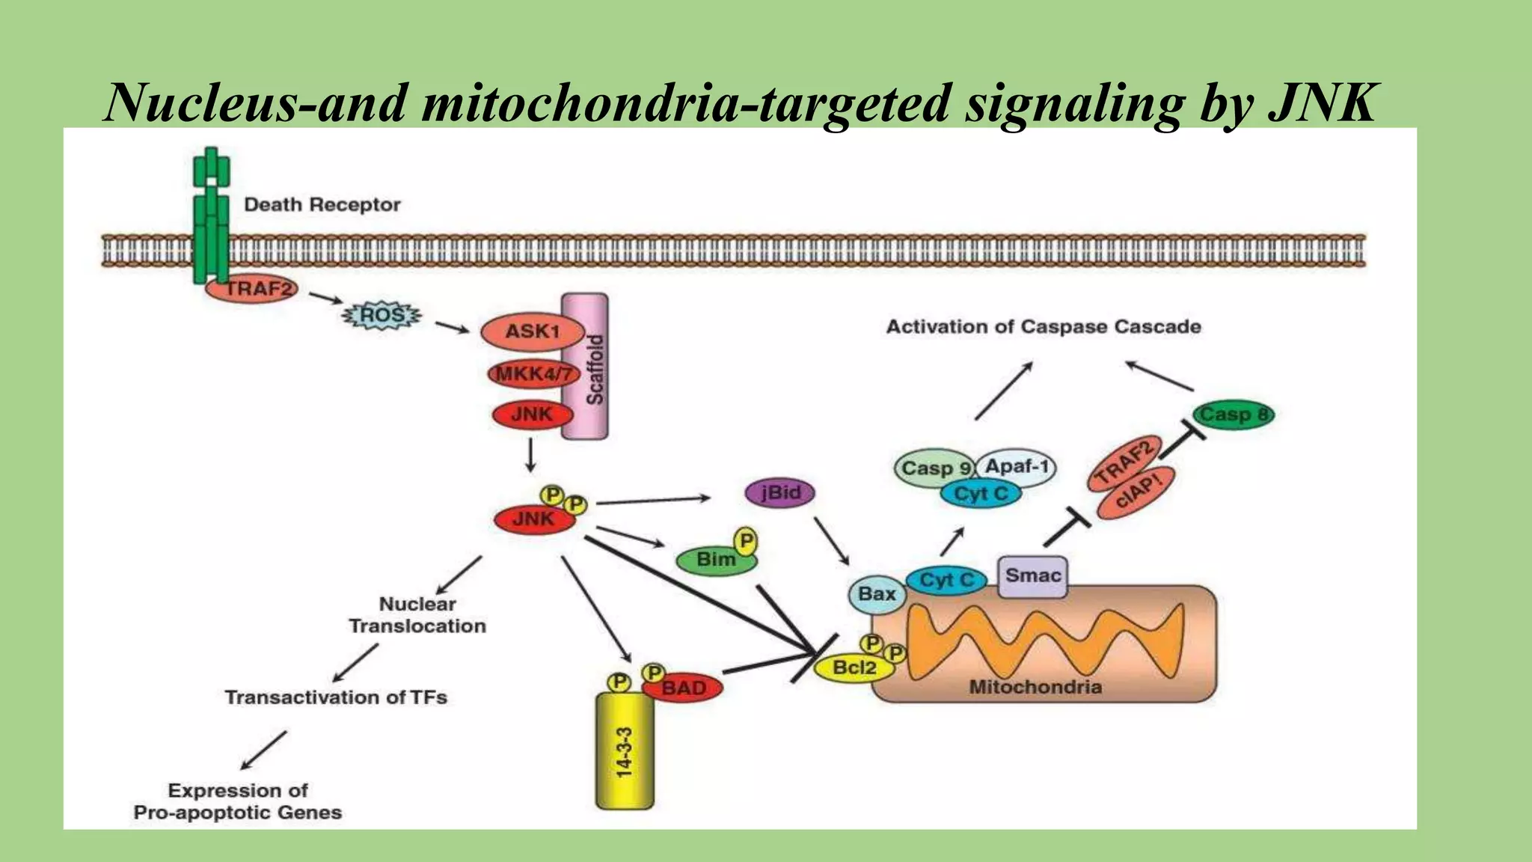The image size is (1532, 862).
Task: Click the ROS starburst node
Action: point(382,316)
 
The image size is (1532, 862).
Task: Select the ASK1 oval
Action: point(532,331)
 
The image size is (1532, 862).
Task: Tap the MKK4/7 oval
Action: point(533,373)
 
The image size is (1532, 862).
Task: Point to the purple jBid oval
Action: point(779,493)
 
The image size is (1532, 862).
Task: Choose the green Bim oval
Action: point(714,560)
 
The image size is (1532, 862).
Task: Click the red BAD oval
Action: point(684,688)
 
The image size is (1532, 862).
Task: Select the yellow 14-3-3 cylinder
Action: point(625,752)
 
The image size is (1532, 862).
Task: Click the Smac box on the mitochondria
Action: point(1033,576)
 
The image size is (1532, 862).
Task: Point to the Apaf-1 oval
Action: point(1017,467)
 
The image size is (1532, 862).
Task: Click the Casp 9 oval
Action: point(934,468)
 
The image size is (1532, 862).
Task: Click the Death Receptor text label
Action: point(322,205)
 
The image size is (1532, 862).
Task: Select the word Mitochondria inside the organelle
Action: point(1035,687)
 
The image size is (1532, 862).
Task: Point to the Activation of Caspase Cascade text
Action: point(1044,327)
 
